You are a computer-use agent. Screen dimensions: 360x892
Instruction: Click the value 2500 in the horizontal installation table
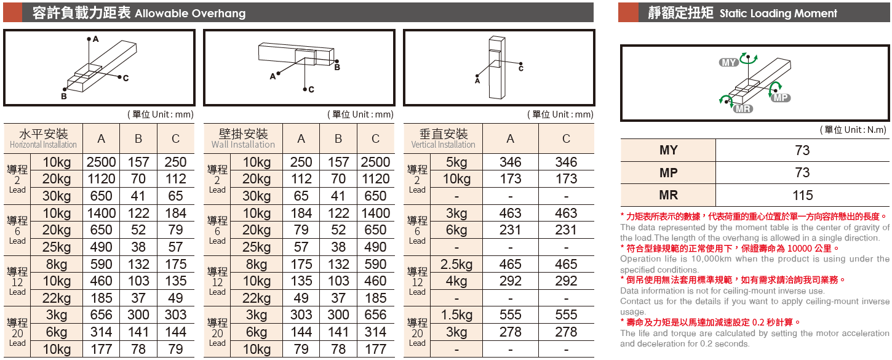pyautogui.click(x=101, y=162)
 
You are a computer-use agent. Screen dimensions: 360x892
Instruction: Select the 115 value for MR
pyautogui.click(x=802, y=196)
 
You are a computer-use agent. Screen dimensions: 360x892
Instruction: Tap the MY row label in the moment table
pyautogui.click(x=668, y=151)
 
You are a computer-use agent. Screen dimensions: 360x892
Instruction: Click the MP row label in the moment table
pyautogui.click(x=668, y=173)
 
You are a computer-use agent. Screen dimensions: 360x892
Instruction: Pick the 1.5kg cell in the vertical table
pyautogui.click(x=456, y=315)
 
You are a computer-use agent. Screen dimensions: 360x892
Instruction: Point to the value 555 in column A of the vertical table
pyautogui.click(x=510, y=315)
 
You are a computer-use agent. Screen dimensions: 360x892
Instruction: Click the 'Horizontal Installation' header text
pyautogui.click(x=43, y=145)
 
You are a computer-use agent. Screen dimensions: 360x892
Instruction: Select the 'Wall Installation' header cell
pyautogui.click(x=243, y=139)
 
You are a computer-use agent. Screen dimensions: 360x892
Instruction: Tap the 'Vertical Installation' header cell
pyautogui.click(x=443, y=139)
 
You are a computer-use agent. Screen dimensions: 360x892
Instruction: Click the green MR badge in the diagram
pyautogui.click(x=743, y=109)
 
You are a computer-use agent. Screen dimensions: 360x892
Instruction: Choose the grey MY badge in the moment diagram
pyautogui.click(x=729, y=63)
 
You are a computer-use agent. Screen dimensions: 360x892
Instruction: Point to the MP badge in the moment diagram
pyautogui.click(x=780, y=98)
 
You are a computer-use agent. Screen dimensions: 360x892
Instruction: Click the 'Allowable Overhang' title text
pyautogui.click(x=189, y=14)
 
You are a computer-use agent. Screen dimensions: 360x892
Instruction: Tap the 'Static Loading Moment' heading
pyautogui.click(x=778, y=14)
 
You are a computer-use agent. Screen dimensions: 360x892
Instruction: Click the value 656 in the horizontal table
pyautogui.click(x=101, y=315)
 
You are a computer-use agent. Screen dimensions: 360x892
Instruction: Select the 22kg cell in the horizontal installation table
pyautogui.click(x=57, y=298)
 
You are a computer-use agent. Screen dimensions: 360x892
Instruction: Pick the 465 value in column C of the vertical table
pyautogui.click(x=566, y=265)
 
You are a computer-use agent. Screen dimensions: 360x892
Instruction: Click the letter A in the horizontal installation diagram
pyautogui.click(x=96, y=39)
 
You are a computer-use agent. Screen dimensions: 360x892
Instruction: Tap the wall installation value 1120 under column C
pyautogui.click(x=375, y=179)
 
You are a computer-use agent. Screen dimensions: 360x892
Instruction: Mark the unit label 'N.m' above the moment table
pyautogui.click(x=876, y=130)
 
